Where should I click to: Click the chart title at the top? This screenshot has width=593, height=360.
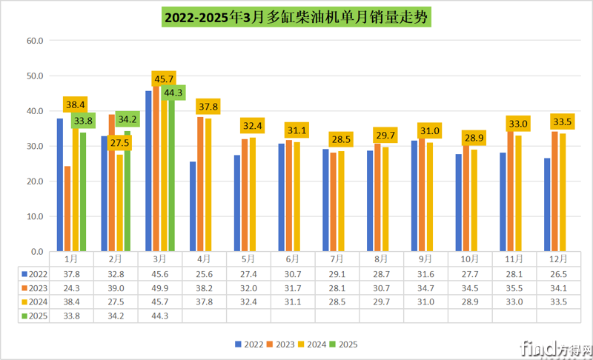296,16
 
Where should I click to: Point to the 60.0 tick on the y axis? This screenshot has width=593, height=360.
36,41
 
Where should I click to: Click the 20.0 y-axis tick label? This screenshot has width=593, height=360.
36,181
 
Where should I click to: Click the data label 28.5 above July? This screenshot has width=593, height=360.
341,139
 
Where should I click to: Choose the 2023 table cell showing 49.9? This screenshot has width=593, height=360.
160,287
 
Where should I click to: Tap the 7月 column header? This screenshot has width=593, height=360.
337,259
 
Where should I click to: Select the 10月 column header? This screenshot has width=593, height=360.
470,259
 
